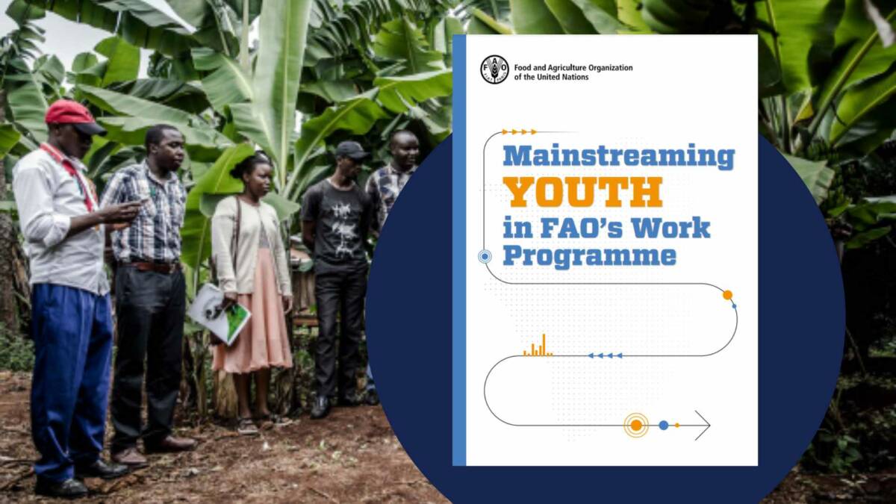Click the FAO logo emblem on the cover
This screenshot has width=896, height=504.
494,69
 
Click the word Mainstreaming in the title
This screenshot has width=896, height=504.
618,158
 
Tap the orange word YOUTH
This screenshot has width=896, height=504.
582,192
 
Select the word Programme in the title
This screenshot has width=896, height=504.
589,255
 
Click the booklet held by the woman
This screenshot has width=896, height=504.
218,314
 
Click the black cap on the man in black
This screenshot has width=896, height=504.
350,150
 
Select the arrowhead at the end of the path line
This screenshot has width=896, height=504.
703,425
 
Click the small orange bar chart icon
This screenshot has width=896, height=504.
538,346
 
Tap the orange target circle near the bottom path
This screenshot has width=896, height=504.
636,425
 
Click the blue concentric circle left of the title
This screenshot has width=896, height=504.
485,257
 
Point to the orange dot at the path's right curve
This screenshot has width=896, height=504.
727,295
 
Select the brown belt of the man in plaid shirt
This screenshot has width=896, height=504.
153,266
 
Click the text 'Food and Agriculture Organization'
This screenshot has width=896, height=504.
573,68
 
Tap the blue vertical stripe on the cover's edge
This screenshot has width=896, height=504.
459,250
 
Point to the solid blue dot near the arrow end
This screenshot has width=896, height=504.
663,425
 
